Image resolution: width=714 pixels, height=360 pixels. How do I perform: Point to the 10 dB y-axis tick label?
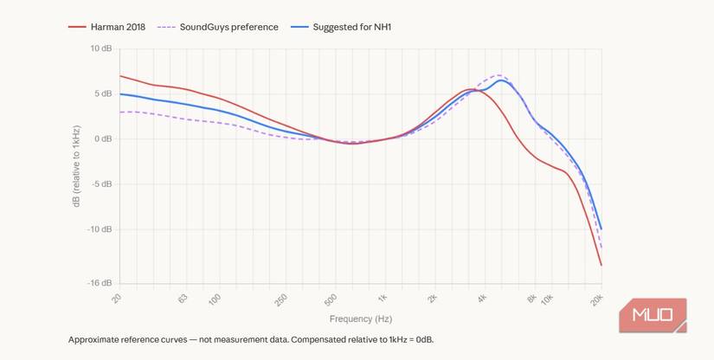point(100,48)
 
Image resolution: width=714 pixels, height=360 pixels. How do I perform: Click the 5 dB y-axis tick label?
point(103,93)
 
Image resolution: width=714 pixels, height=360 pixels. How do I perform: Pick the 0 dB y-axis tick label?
point(103,138)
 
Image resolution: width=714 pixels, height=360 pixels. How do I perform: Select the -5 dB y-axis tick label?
point(101,183)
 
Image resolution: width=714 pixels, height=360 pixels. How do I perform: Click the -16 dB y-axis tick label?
point(99,283)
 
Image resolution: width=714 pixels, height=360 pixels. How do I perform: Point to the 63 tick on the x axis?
point(183,299)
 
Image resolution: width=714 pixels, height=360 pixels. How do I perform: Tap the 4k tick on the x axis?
point(482,299)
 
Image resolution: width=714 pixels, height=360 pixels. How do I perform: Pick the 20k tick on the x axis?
point(596,299)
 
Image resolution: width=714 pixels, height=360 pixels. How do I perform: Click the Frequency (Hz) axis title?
point(360,319)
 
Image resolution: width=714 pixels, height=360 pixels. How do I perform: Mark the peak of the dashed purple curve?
point(499,75)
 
